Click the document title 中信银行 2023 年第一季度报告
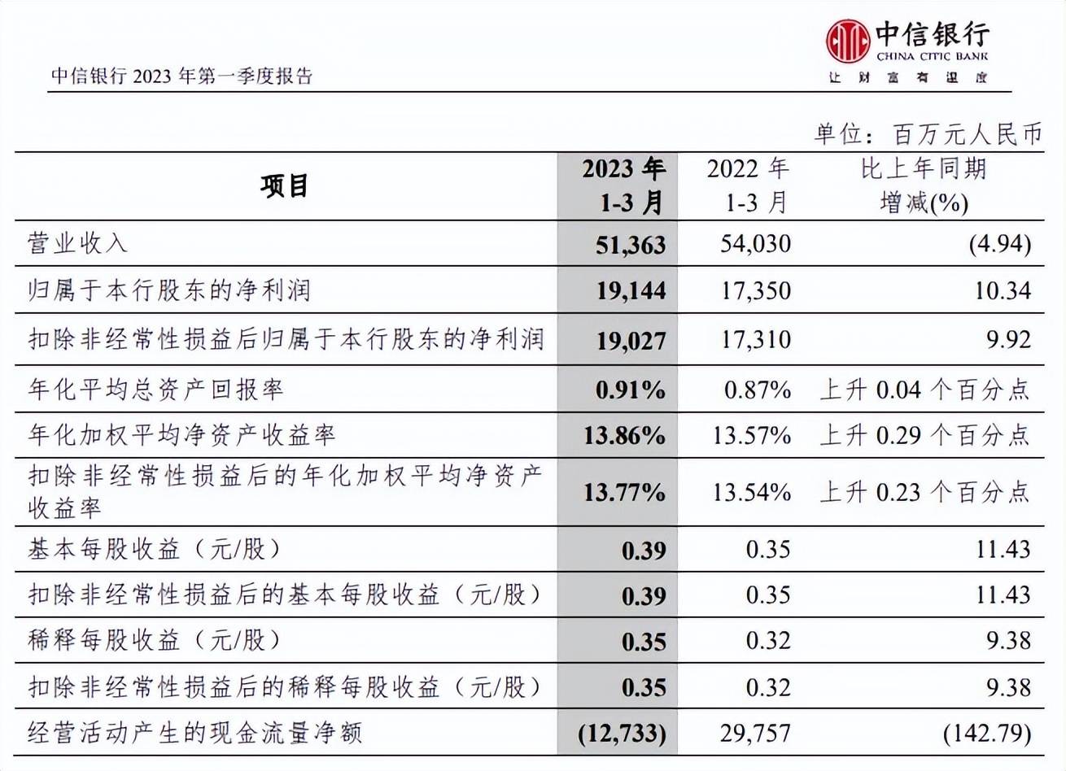click(182, 76)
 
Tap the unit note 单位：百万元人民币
click(928, 133)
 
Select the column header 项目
click(285, 186)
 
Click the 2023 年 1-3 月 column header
click(623, 186)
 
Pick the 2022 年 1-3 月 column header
click(748, 186)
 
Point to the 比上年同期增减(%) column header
click(924, 186)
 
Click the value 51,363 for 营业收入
click(631, 244)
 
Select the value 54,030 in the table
click(755, 243)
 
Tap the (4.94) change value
click(1000, 243)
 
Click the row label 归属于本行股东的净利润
click(169, 290)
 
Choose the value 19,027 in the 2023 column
click(631, 339)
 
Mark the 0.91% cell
click(630, 390)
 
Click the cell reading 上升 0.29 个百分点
click(924, 435)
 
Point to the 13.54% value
click(751, 492)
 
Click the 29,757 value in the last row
click(755, 734)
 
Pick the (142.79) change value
click(987, 734)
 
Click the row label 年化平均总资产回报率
click(156, 390)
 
